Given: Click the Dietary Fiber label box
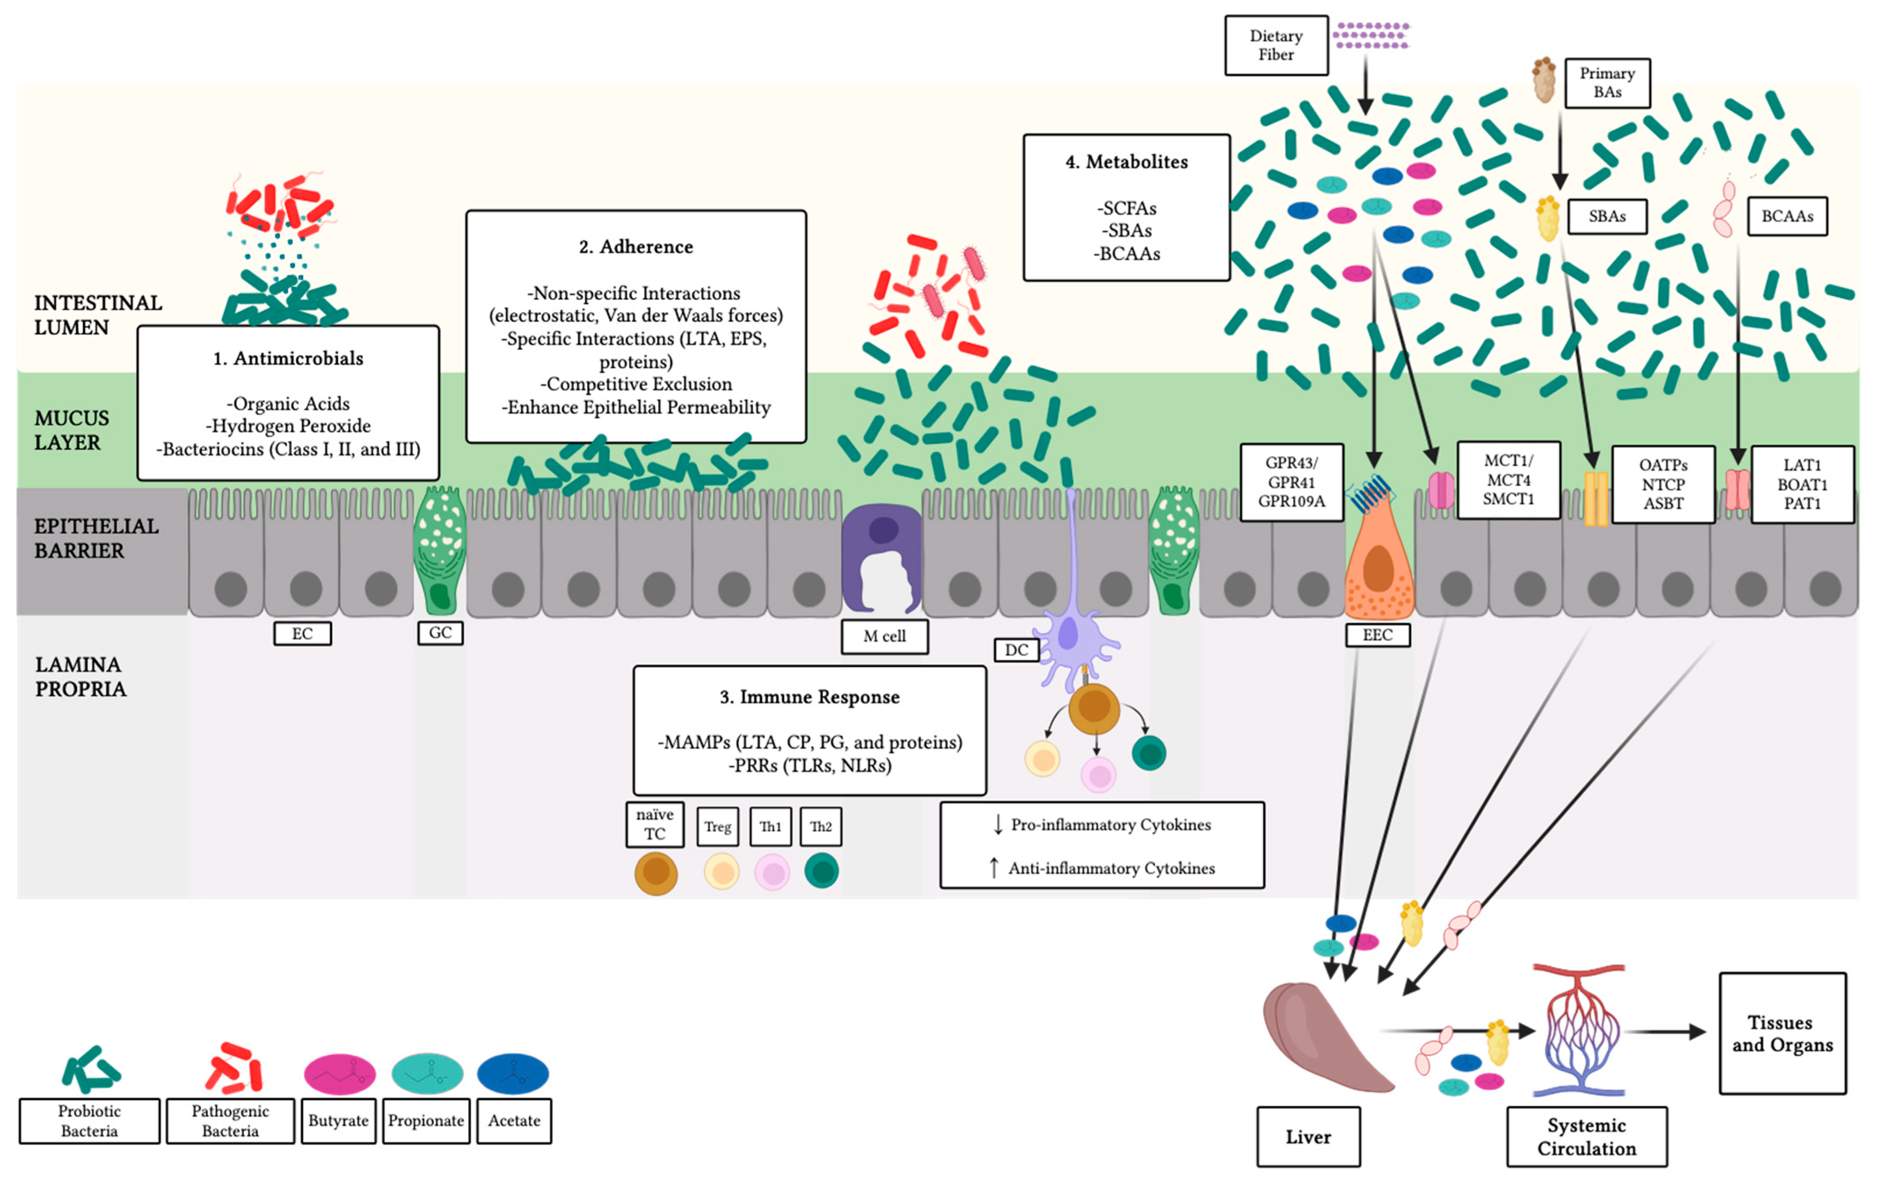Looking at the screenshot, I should tap(1276, 45).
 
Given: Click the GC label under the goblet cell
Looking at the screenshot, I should tap(441, 633).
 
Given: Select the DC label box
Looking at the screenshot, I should tap(1016, 650).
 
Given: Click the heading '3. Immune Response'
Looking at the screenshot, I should tap(809, 696).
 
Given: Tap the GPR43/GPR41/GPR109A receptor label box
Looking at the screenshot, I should tap(1291, 482).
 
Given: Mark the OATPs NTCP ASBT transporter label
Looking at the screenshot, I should tap(1663, 484).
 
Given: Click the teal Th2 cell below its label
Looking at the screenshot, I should tap(821, 871).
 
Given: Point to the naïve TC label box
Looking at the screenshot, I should tap(654, 824).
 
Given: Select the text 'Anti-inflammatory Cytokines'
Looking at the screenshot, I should tap(1111, 868).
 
